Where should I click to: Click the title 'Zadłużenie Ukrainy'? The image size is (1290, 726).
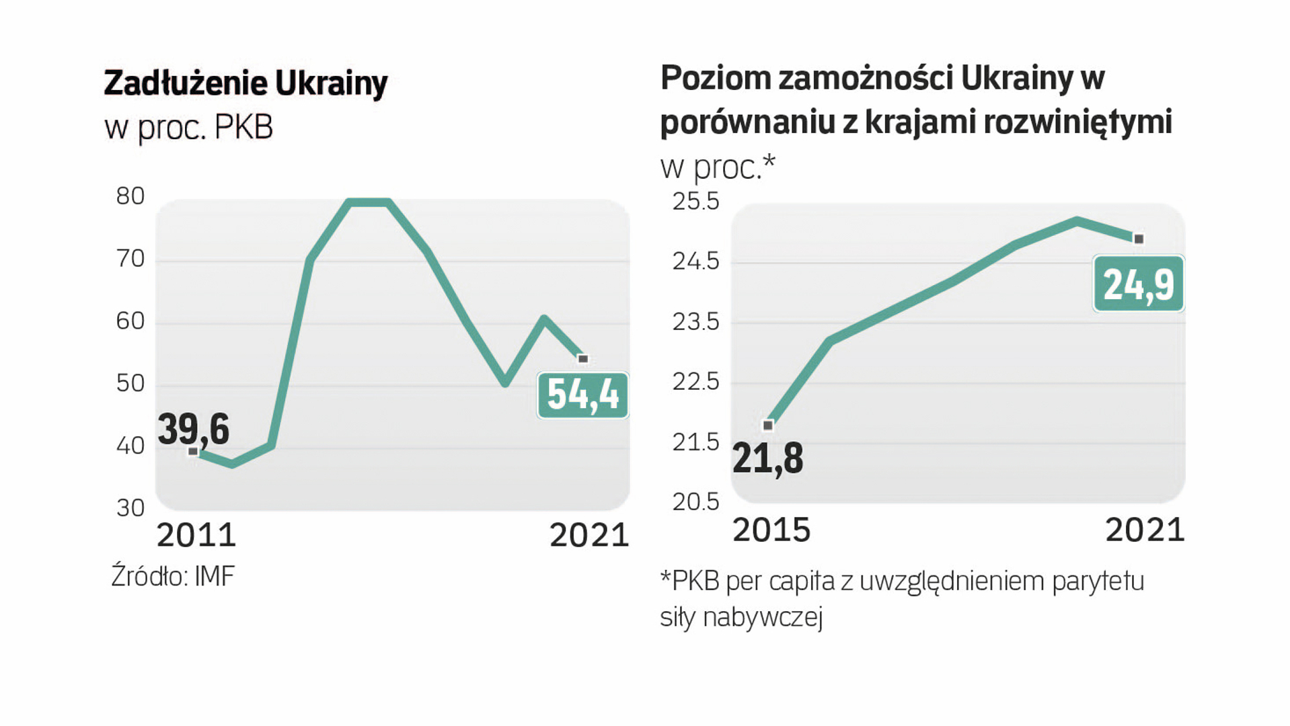245,83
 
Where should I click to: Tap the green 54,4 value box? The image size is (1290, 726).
582,395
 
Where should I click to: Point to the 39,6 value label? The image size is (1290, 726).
194,429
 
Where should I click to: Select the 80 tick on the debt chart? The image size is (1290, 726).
130,196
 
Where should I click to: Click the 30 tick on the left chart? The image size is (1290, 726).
130,508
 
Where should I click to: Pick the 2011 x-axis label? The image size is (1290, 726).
196,536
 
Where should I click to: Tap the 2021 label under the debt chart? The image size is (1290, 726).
589,536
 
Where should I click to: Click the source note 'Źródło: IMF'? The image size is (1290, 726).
173,577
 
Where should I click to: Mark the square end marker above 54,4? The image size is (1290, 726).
583,359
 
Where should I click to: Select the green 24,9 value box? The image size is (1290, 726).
1138,284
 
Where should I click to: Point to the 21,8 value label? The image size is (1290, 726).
767,459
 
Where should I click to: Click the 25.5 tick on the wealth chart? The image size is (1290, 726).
695,202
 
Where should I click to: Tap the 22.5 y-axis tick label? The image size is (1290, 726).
695,382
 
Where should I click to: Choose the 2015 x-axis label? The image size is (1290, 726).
771,530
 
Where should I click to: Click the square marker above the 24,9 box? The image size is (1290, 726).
1139,239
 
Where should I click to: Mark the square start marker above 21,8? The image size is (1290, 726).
768,426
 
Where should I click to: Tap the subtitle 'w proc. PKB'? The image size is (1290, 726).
189,128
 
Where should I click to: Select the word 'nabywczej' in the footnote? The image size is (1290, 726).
763,617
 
